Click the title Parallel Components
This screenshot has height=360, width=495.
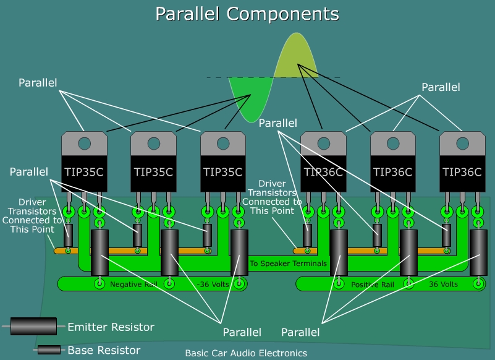coord(247,14)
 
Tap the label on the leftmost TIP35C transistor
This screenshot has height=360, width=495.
coord(84,172)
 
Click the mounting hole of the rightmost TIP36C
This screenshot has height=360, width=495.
coord(462,144)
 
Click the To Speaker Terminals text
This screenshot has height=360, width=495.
coord(288,264)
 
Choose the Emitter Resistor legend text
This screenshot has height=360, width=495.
coord(111,327)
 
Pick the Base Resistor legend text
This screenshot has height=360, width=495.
coord(104,350)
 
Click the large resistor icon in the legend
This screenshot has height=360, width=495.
coord(37,326)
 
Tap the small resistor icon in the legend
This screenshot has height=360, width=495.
coord(49,350)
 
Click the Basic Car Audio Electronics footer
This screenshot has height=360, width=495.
coord(246,354)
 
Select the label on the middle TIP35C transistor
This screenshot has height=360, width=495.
coord(153,172)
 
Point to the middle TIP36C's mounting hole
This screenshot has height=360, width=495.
coord(392,144)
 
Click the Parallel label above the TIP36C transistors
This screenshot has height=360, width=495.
coord(441,87)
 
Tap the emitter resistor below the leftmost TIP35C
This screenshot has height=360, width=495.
coord(99,252)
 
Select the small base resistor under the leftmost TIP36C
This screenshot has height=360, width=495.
coord(307,235)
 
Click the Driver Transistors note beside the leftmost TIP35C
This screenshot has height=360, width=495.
coord(32,216)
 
